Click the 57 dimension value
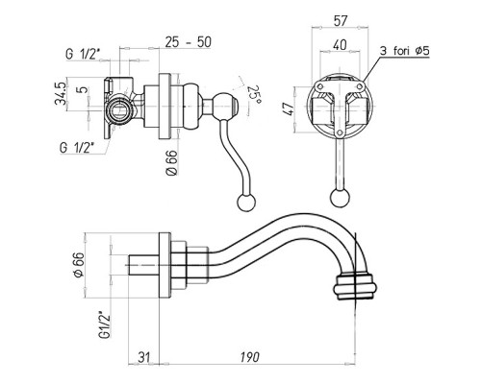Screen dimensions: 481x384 (x=341, y=21)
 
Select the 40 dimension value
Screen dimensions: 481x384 (x=340, y=44)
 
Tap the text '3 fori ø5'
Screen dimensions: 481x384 (x=405, y=51)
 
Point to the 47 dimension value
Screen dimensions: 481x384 (x=290, y=108)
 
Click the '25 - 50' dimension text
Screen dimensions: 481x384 (x=189, y=42)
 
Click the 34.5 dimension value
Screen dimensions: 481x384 (x=61, y=93)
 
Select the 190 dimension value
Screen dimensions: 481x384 (x=250, y=357)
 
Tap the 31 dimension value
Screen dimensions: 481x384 (x=144, y=357)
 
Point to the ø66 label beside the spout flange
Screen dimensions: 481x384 (x=79, y=265)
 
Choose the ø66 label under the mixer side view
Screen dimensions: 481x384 (x=171, y=162)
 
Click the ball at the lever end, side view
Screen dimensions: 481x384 (x=246, y=203)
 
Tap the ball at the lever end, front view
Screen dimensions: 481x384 (x=340, y=198)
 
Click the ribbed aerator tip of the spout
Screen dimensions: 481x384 (x=355, y=286)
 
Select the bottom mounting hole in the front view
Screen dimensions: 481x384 (x=340, y=132)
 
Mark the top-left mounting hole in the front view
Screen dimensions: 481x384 (x=319, y=85)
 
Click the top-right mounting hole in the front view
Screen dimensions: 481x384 (x=360, y=85)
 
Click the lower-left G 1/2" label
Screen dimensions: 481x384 (x=77, y=148)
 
